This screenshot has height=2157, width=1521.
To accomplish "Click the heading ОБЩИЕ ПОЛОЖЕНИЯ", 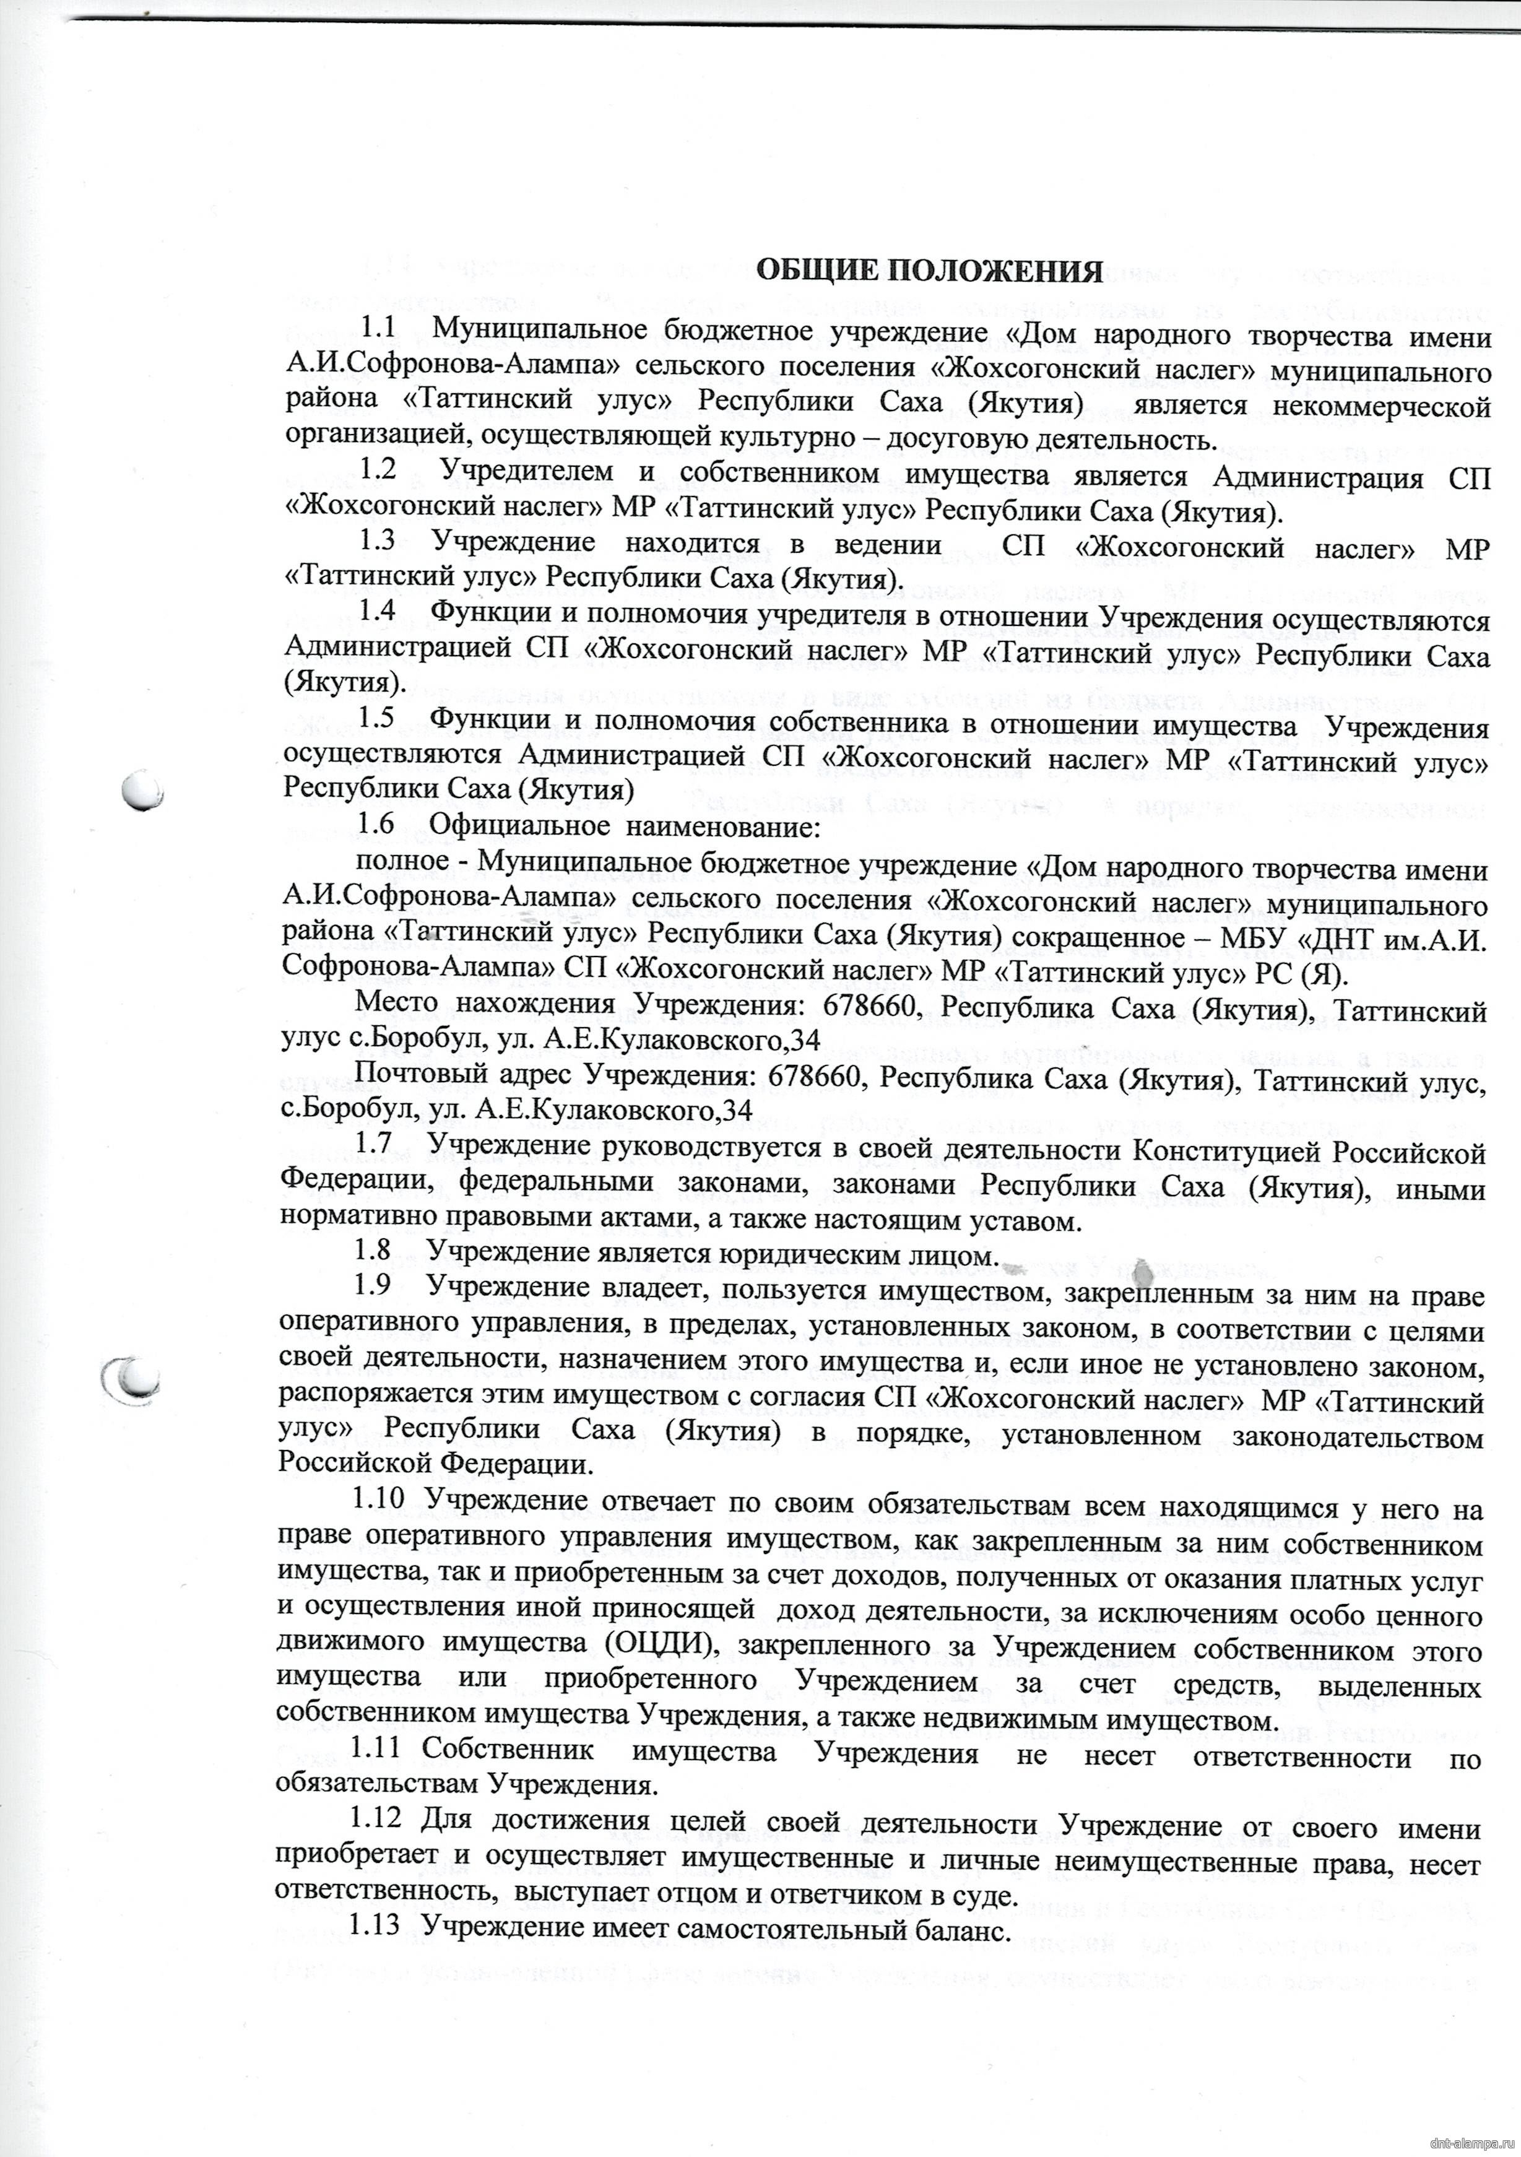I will (x=929, y=271).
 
